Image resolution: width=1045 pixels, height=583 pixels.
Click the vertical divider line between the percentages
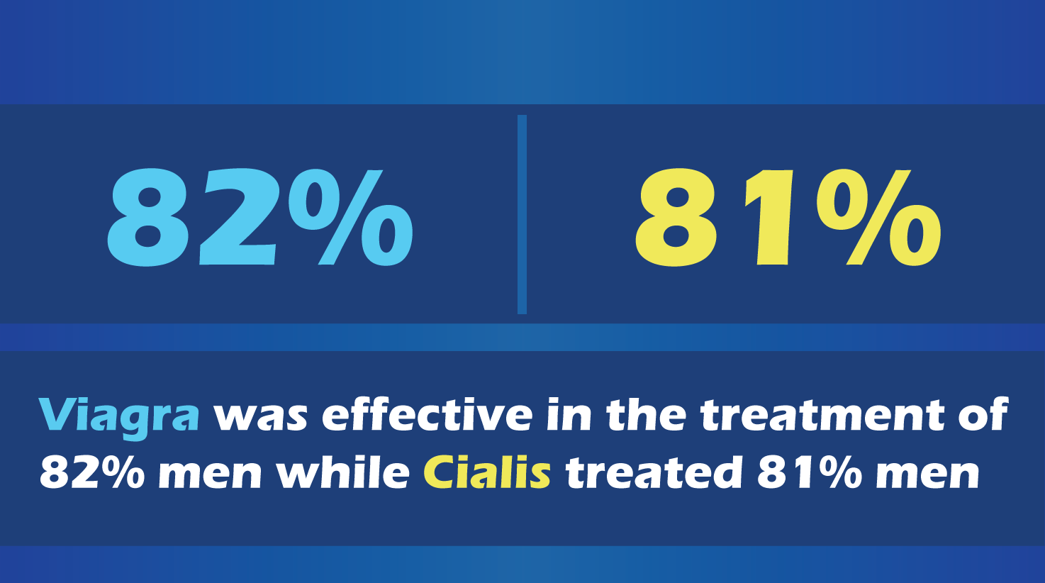pos(522,214)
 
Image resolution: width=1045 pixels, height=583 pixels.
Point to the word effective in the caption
pos(428,415)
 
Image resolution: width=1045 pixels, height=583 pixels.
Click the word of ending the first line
pos(983,415)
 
